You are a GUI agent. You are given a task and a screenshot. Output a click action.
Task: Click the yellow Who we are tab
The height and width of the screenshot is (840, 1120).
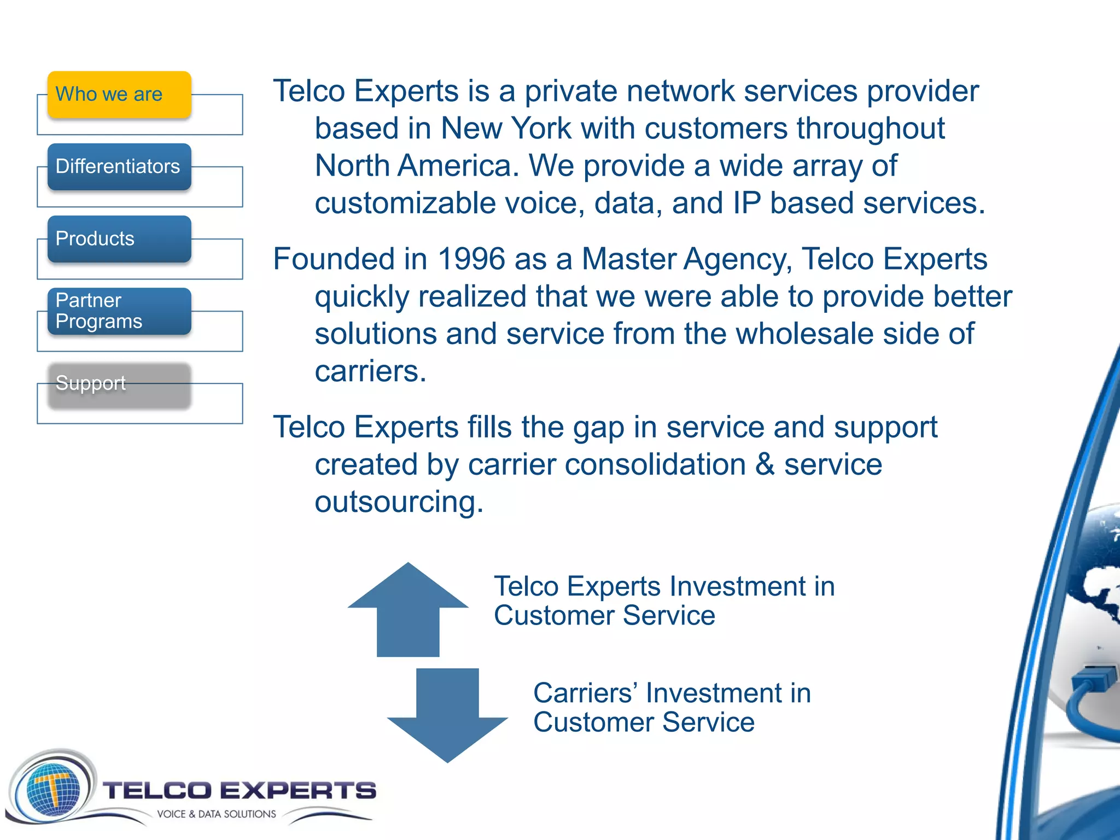[119, 95]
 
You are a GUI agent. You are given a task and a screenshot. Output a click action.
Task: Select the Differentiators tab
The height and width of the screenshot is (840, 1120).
[119, 167]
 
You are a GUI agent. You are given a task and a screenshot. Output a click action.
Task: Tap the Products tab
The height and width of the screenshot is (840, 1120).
[119, 239]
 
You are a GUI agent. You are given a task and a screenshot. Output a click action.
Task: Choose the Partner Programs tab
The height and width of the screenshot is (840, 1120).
[119, 311]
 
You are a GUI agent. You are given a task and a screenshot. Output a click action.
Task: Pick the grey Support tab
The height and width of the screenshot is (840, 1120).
[119, 384]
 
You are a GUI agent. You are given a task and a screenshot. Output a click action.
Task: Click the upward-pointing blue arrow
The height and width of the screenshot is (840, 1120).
[408, 610]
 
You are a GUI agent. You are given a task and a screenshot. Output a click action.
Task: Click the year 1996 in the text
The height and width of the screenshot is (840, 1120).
[471, 259]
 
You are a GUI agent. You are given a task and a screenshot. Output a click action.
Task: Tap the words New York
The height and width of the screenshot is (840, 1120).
[506, 129]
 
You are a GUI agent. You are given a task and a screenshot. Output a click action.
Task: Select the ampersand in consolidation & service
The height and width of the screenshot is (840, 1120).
[765, 465]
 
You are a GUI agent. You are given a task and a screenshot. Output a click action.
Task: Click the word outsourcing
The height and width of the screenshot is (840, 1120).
[398, 502]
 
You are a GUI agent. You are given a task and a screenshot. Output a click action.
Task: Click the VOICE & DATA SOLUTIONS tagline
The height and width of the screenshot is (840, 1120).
[217, 814]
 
